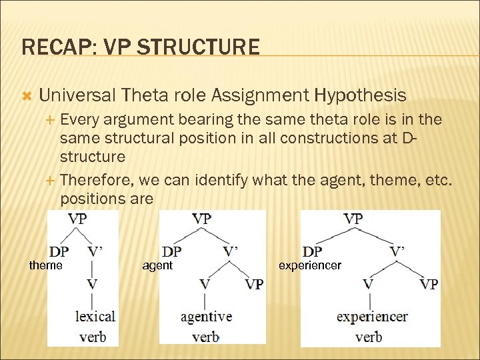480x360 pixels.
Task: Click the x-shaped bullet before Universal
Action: point(27,96)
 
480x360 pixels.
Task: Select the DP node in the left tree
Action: point(58,251)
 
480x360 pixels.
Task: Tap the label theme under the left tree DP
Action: point(46,265)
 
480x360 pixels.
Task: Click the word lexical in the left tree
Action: point(95,316)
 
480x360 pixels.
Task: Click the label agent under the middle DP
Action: point(157,265)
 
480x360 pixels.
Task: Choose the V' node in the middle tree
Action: point(231,251)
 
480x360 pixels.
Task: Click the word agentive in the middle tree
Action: point(206,316)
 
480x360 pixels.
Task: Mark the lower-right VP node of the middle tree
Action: point(254,284)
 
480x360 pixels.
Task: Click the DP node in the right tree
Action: point(312,251)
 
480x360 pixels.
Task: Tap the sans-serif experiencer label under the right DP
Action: point(309,265)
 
